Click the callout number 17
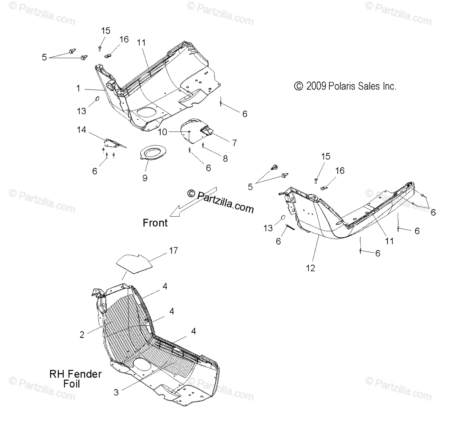[173, 251]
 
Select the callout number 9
[145, 178]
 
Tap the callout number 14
[81, 130]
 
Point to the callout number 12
[311, 268]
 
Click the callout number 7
[234, 143]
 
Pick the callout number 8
[225, 158]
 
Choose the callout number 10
[163, 132]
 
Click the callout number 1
[78, 89]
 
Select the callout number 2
[82, 335]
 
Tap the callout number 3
[116, 392]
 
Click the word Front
[155, 222]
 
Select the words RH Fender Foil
[75, 378]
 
